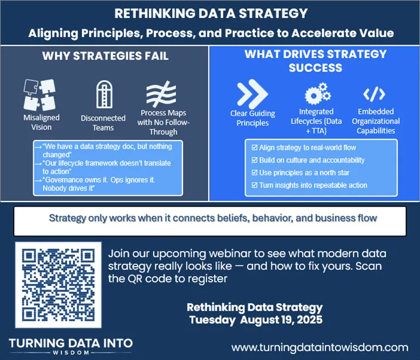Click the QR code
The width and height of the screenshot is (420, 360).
(x=58, y=285)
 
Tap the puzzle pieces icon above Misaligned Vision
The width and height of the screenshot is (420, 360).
(x=40, y=95)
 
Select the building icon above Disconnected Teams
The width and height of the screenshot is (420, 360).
(x=104, y=94)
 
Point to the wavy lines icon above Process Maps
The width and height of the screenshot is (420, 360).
(x=161, y=94)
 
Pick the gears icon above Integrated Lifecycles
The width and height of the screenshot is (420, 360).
(x=318, y=93)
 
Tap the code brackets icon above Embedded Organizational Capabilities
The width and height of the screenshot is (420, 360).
(x=374, y=94)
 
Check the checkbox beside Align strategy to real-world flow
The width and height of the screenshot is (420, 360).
(x=254, y=148)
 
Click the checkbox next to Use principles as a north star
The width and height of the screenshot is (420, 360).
(x=254, y=173)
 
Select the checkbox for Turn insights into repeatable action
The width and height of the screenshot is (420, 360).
(x=254, y=185)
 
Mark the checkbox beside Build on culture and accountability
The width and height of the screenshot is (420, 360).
(x=254, y=160)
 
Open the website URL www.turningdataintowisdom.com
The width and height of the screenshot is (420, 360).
(x=320, y=348)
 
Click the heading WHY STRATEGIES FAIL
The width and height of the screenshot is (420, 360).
(x=105, y=56)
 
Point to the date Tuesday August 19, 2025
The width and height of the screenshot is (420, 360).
(x=256, y=320)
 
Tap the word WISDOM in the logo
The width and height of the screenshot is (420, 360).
(x=71, y=353)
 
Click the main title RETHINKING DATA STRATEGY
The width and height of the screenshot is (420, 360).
(x=211, y=13)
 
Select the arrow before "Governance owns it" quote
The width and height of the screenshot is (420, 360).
(x=38, y=180)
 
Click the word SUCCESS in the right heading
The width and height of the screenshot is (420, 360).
(x=316, y=68)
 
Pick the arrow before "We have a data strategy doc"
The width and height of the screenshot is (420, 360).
(x=38, y=147)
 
